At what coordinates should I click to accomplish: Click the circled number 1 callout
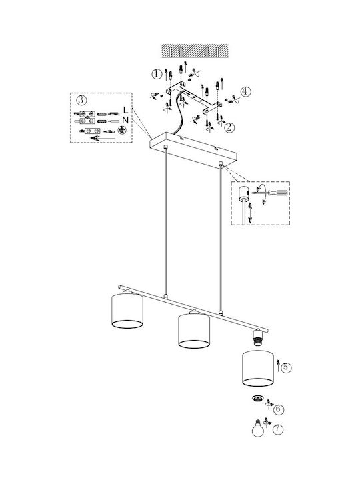(157, 74)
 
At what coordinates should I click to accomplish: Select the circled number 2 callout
(229, 127)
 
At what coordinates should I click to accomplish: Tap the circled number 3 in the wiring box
(81, 100)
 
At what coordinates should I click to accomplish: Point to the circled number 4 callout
(245, 91)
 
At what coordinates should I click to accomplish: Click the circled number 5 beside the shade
(286, 367)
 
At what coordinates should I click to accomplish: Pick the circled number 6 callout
(279, 409)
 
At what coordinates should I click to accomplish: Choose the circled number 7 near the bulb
(277, 429)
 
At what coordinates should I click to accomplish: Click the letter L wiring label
(126, 109)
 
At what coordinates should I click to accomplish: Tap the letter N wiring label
(125, 120)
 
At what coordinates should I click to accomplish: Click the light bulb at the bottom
(258, 427)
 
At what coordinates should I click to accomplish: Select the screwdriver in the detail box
(270, 193)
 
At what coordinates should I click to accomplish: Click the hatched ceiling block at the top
(195, 51)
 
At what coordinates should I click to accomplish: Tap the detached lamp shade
(258, 369)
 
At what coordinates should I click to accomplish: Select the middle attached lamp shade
(194, 331)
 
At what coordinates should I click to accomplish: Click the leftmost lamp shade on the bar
(127, 311)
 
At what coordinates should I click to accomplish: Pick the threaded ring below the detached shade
(258, 398)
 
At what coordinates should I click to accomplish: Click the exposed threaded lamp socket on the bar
(258, 337)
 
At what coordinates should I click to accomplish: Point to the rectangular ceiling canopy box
(193, 150)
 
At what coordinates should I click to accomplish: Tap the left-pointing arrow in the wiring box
(103, 139)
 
